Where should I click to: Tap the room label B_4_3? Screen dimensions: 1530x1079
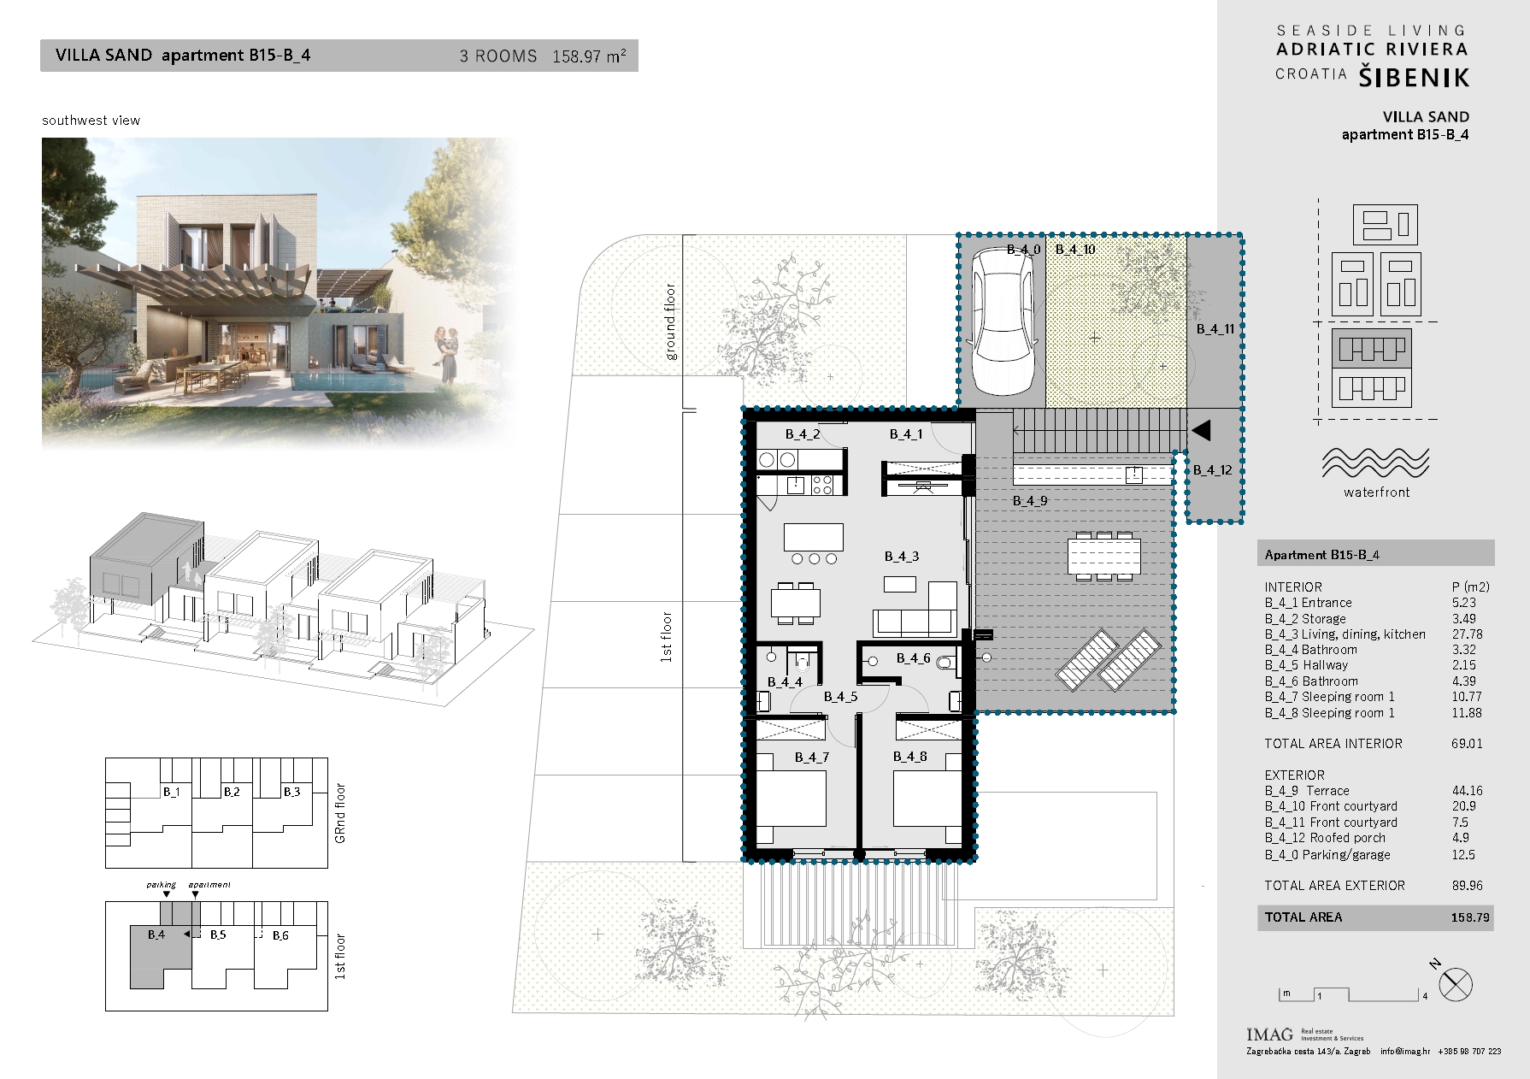pos(902,557)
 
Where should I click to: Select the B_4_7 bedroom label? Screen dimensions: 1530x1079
pos(812,758)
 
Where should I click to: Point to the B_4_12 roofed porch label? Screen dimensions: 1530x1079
pos(1213,470)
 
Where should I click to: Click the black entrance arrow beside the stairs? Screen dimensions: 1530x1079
pos(1202,430)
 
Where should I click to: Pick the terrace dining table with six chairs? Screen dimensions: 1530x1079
pos(1104,555)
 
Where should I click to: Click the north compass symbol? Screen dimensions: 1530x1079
pos(1455,984)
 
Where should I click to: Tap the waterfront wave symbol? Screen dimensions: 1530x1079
pos(1375,463)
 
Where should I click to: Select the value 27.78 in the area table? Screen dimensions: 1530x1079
pos(1467,634)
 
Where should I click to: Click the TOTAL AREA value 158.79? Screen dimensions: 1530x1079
pos(1470,917)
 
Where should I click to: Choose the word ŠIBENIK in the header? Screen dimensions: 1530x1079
pos(1415,78)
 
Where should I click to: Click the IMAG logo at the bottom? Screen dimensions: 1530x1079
pos(1269,1035)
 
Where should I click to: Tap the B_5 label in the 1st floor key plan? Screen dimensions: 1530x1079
pos(218,935)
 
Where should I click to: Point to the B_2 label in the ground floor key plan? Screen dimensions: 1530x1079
pos(232,792)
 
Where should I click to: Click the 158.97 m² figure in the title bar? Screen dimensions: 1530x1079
pos(589,56)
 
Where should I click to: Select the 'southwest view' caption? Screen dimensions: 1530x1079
pos(91,121)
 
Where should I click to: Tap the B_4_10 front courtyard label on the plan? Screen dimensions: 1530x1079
pos(1075,250)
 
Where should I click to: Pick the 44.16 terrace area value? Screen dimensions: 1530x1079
pos(1467,791)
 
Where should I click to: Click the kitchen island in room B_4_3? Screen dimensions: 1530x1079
pos(814,537)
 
